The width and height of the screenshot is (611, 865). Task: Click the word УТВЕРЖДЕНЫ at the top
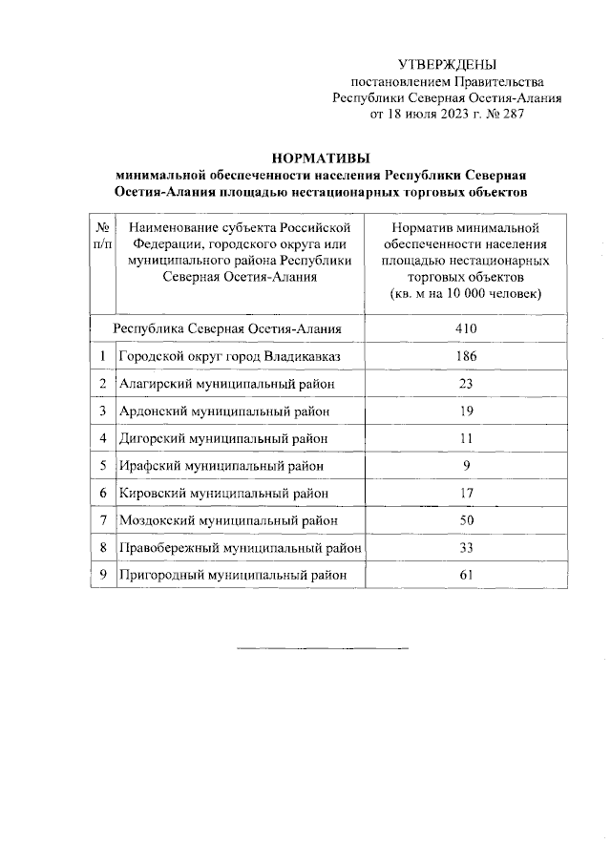(448, 65)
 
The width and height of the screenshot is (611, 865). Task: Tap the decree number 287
(511, 114)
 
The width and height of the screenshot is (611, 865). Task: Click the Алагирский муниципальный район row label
(226, 384)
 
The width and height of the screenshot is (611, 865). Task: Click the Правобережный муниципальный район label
(240, 548)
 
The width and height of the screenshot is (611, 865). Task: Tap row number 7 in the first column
(102, 520)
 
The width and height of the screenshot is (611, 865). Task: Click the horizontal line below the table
(322, 649)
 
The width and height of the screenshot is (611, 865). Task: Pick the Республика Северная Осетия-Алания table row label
(227, 329)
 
